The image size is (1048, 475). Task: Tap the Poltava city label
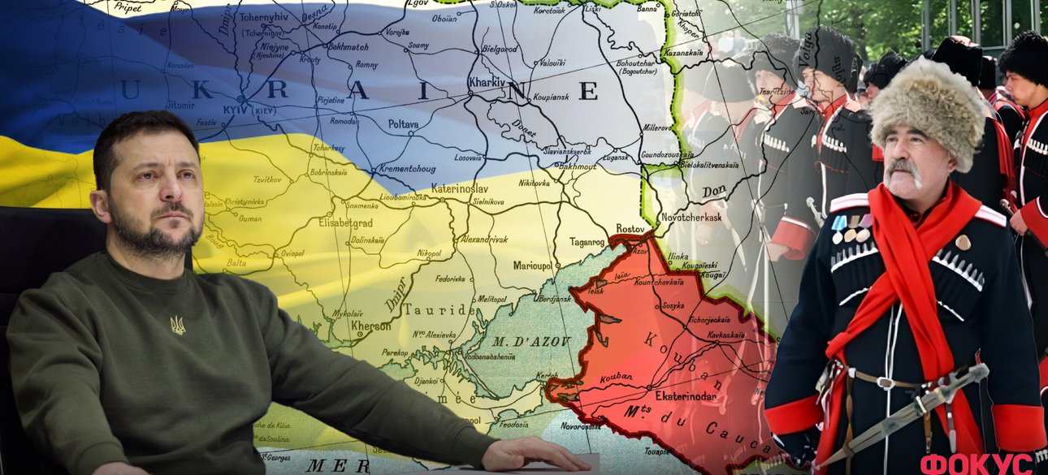[405, 124]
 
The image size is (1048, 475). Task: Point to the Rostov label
[630, 229]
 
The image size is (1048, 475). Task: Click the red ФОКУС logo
[976, 463]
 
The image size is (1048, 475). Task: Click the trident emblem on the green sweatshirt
[177, 325]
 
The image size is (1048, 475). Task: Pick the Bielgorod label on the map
[500, 49]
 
